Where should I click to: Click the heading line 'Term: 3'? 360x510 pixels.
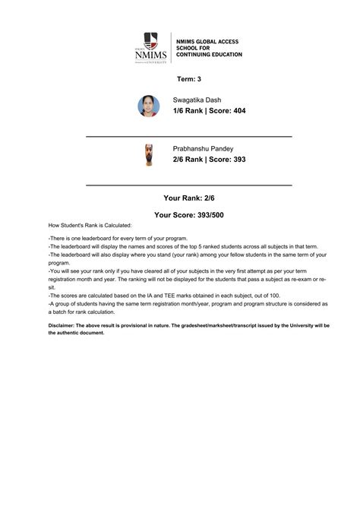(x=188, y=79)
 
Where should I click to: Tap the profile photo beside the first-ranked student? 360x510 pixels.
(x=148, y=106)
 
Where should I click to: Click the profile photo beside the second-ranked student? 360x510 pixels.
(x=148, y=155)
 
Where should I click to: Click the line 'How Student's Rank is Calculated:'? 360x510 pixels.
(x=90, y=225)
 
